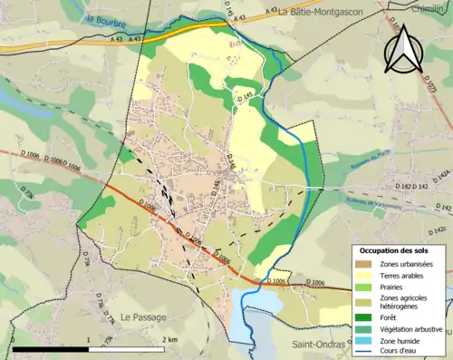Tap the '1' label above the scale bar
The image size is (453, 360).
coord(88,338)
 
